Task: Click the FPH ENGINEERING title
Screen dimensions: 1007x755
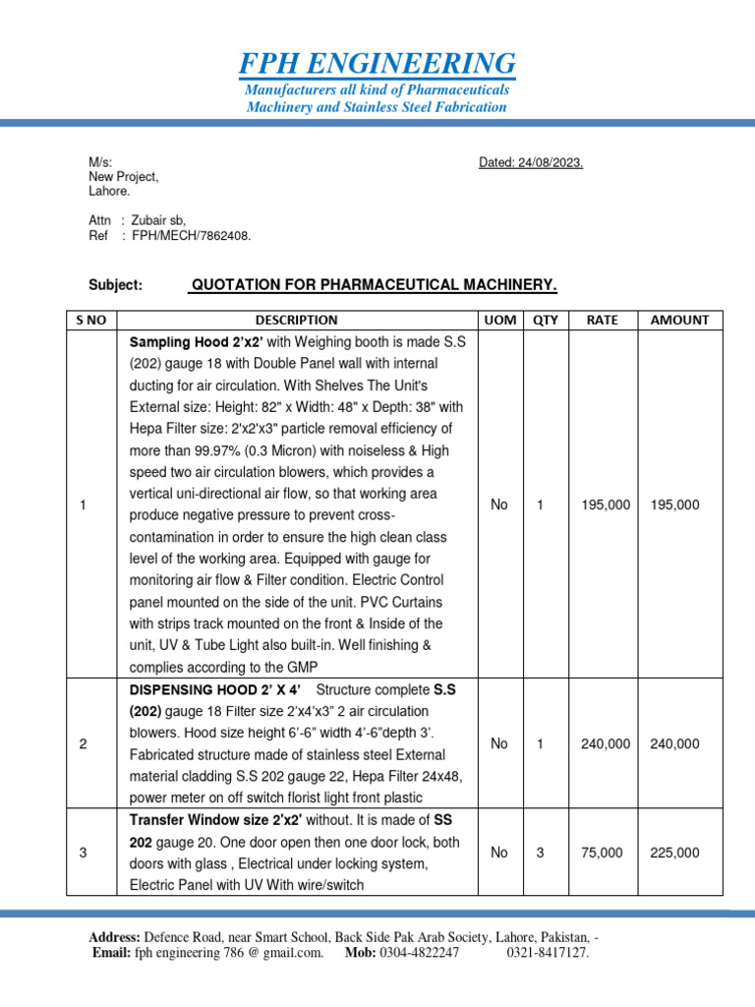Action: click(x=377, y=64)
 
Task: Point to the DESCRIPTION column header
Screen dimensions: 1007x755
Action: click(x=296, y=320)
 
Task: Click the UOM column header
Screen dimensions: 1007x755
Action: click(x=499, y=320)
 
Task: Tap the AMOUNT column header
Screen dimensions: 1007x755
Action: click(x=679, y=320)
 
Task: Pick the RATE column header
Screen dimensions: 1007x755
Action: click(x=603, y=320)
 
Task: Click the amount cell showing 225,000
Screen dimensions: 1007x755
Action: click(x=675, y=853)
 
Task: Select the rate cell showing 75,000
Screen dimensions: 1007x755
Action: click(x=602, y=853)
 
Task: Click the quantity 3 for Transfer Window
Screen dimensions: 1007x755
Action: click(x=540, y=853)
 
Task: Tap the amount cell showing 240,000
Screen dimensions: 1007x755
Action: click(x=675, y=743)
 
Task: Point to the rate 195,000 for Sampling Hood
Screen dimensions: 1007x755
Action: click(x=606, y=504)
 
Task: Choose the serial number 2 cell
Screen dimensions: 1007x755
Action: click(x=84, y=743)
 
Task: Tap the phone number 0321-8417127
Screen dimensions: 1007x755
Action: click(x=548, y=953)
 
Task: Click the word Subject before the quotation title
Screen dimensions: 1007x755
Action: click(x=116, y=285)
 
